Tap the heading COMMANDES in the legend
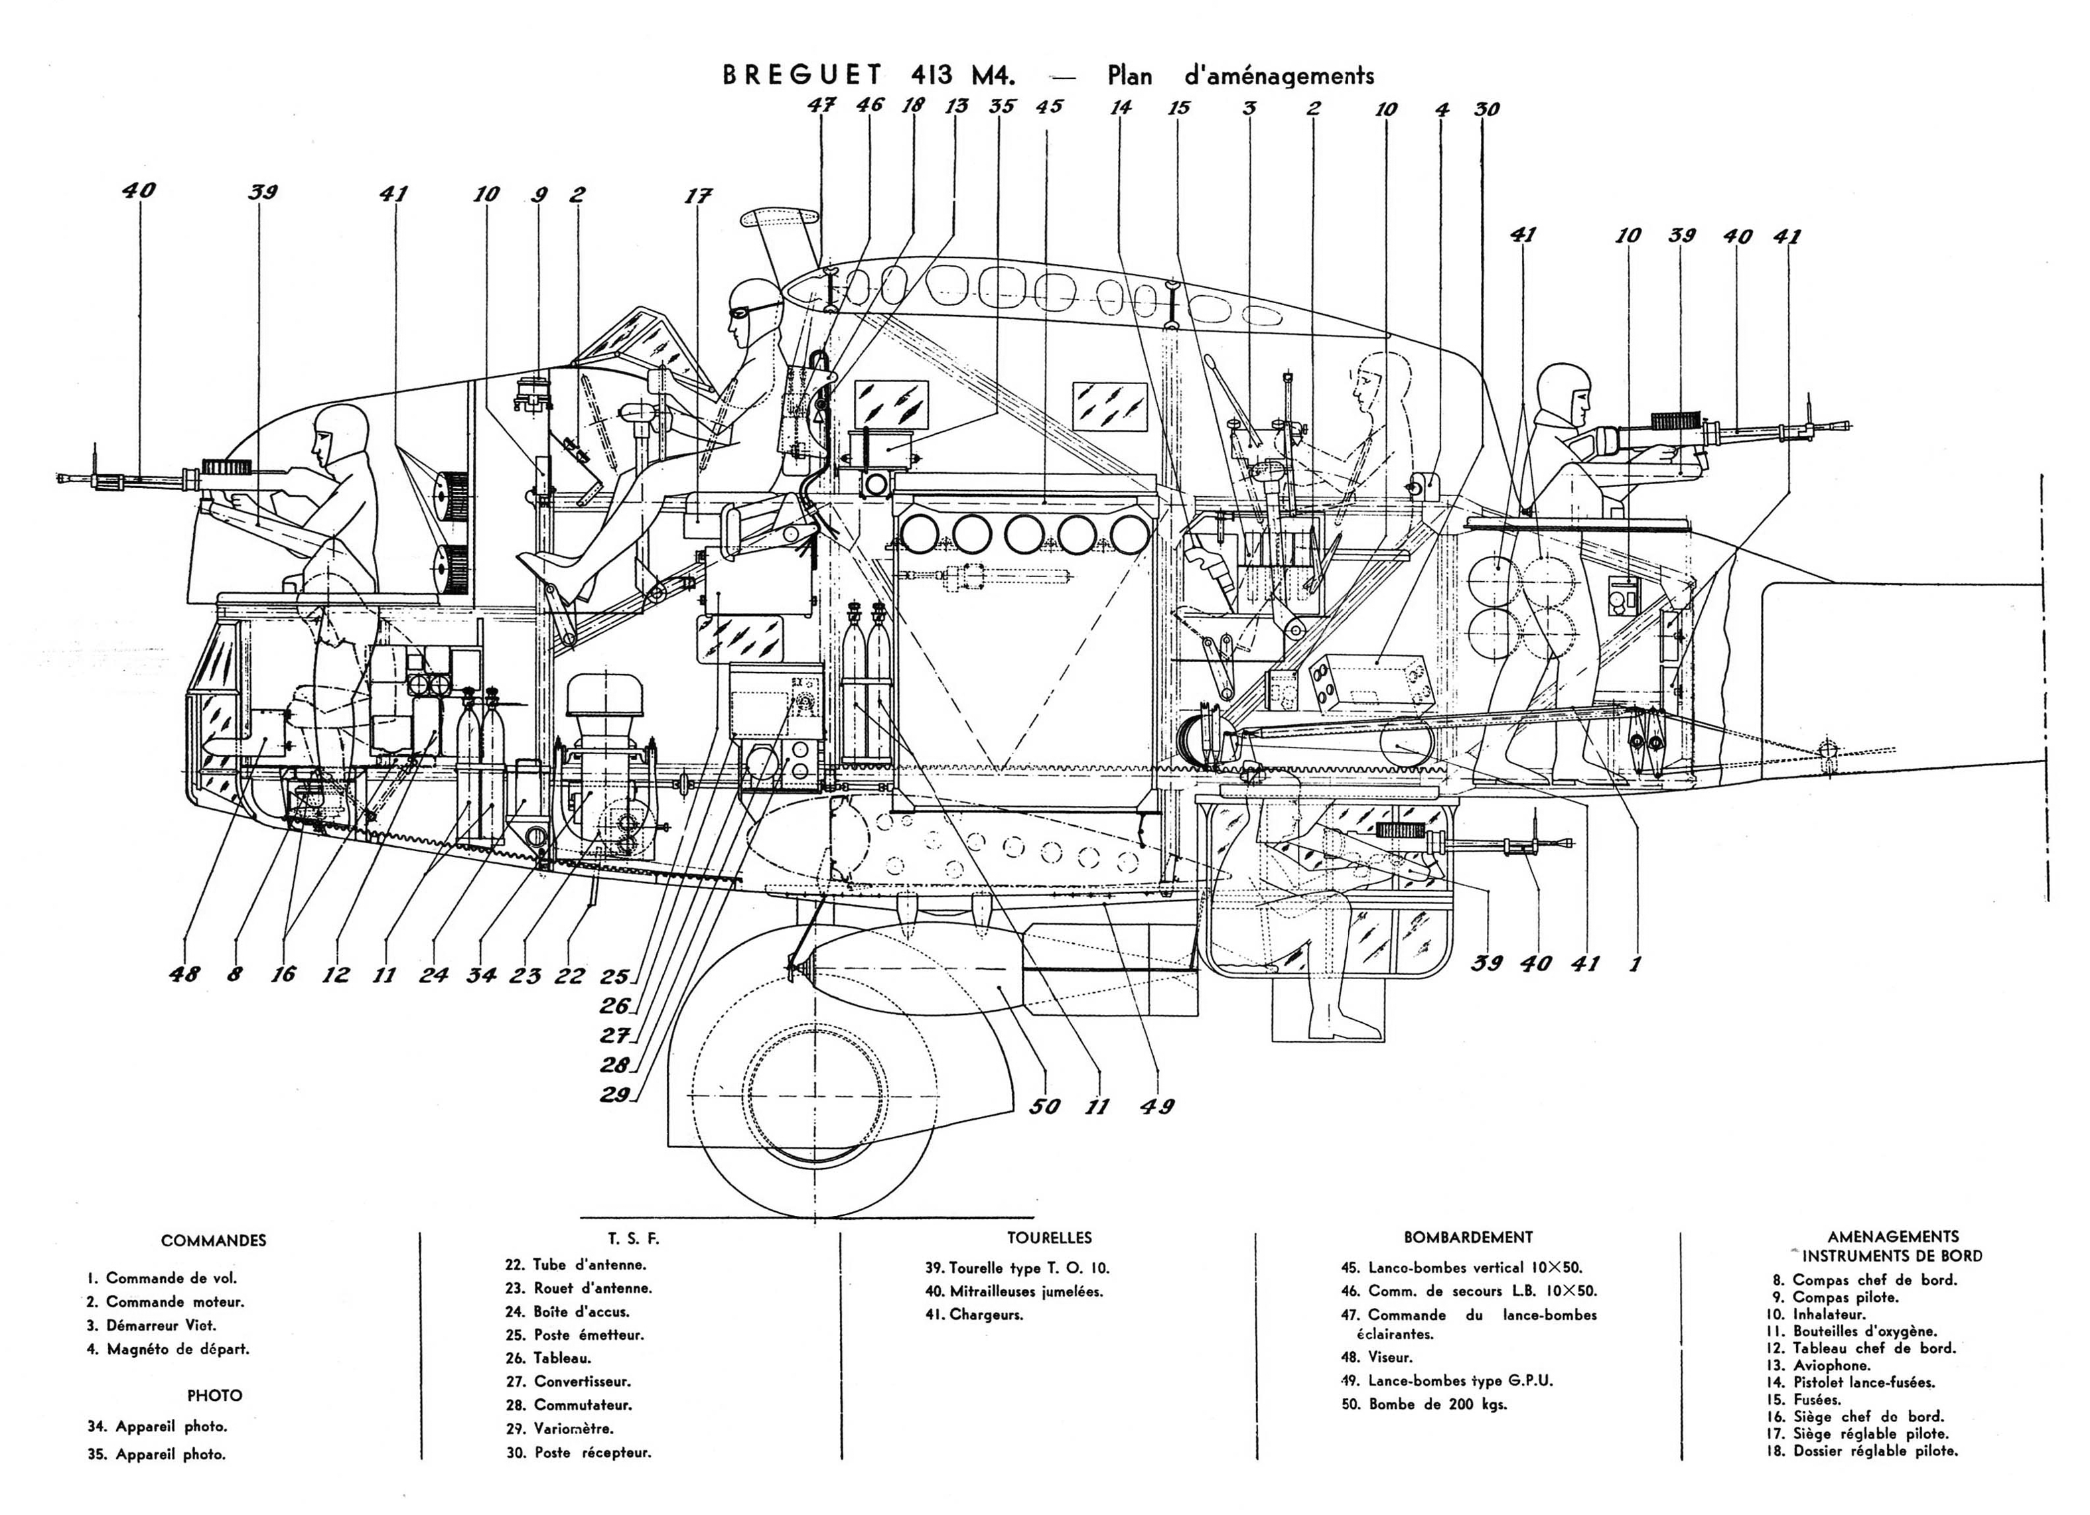pyautogui.click(x=214, y=1240)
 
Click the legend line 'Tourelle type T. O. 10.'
pyautogui.click(x=1017, y=1268)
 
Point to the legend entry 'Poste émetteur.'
pyautogui.click(x=576, y=1335)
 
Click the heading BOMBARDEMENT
pyautogui.click(x=1468, y=1238)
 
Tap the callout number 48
pyautogui.click(x=185, y=973)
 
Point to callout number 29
pyautogui.click(x=614, y=1094)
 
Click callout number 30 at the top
pyautogui.click(x=1486, y=109)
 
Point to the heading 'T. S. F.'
pyautogui.click(x=634, y=1238)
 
